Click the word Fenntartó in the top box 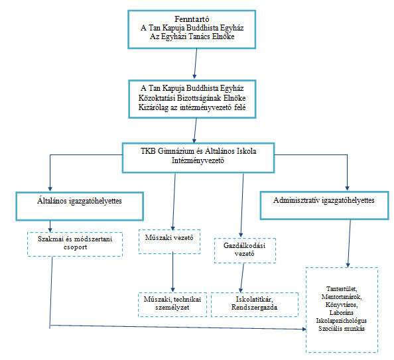[192, 19]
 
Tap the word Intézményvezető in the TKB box [198, 160]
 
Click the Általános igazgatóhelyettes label [80, 201]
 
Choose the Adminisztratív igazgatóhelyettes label [324, 200]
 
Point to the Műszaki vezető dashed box [169, 242]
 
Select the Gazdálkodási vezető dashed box [245, 251]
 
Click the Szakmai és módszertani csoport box [75, 244]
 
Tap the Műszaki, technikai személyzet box [172, 304]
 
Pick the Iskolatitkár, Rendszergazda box [255, 304]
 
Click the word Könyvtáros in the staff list [342, 305]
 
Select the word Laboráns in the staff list [342, 313]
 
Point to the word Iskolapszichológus [341, 321]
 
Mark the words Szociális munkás [341, 329]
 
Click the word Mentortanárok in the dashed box [342, 297]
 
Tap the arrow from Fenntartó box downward [195, 63]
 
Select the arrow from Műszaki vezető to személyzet [172, 272]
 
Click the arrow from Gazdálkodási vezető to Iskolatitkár [242, 278]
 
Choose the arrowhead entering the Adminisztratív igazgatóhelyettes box [348, 188]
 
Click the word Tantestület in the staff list [342, 289]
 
